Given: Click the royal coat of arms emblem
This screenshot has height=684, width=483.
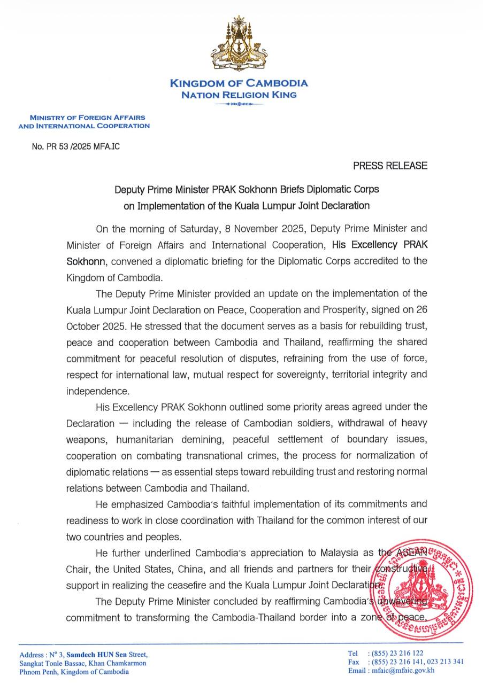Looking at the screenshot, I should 239,45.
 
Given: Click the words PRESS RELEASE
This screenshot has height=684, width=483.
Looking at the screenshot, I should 390,166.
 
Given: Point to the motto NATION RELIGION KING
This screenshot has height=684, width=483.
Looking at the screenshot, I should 239,95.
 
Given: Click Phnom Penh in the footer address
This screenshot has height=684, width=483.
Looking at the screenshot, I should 39,672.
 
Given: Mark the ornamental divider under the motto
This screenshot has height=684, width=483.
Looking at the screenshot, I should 239,104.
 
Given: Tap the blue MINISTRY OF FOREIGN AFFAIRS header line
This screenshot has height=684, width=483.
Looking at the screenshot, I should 87,117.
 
